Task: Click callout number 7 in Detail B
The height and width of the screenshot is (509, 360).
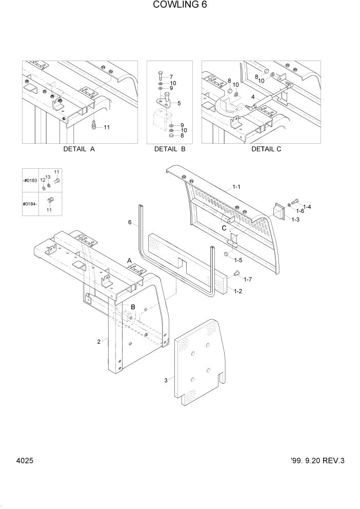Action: click(172, 76)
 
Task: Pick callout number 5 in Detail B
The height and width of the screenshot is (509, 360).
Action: click(179, 103)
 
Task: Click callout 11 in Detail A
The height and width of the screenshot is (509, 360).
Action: click(107, 127)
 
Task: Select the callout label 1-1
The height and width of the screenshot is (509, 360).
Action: click(236, 187)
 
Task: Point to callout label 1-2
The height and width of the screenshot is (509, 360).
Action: click(238, 291)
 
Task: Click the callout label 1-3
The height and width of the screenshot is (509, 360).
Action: click(295, 220)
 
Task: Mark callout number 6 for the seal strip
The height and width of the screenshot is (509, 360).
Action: click(130, 222)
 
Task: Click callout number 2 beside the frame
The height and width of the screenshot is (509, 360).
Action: click(98, 342)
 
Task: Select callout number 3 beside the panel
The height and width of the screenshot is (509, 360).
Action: click(166, 380)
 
